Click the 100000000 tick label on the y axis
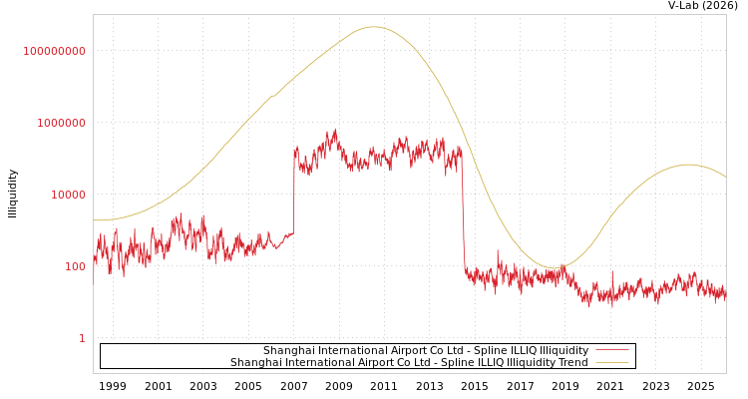coord(55,51)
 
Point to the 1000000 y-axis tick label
coord(61,123)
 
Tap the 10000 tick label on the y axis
coord(68,195)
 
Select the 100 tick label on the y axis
coord(75,266)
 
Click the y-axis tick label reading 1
coord(82,338)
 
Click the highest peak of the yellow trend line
coord(374,27)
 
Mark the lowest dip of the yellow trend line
coord(553,267)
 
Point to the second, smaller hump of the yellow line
coord(687,165)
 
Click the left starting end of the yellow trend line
coord(95,220)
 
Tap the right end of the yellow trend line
coord(725,177)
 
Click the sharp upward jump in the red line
coord(294,190)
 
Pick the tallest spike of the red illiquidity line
coord(335,129)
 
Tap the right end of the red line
coord(725,295)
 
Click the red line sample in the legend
coord(611,351)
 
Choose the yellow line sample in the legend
coord(611,363)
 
